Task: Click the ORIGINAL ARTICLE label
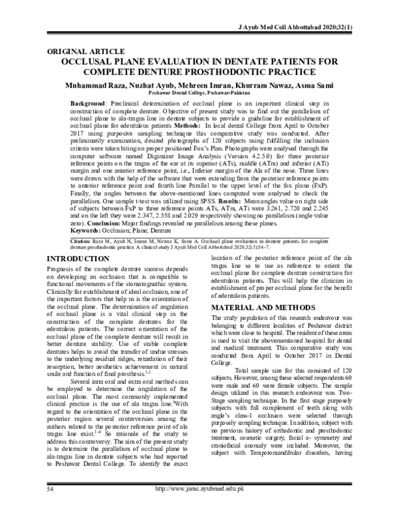(86, 51)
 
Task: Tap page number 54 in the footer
(51, 507)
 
